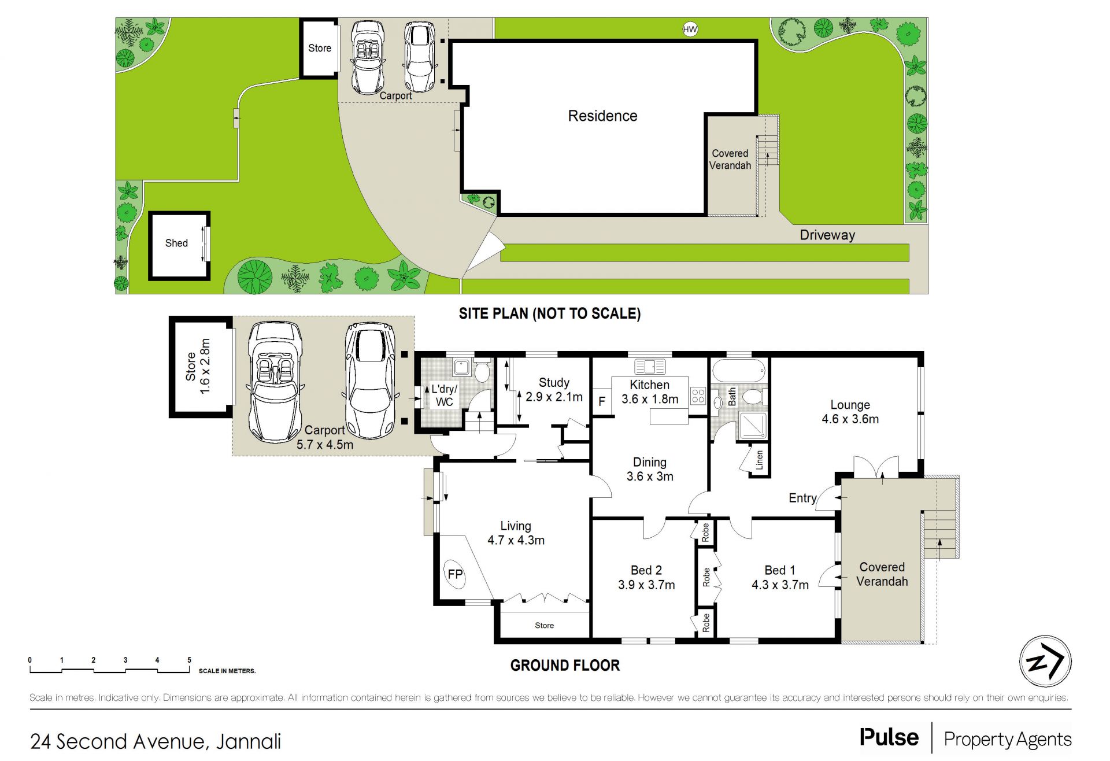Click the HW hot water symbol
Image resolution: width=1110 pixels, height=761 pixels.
point(690,29)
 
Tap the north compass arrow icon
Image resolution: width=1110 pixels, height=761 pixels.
point(1045,662)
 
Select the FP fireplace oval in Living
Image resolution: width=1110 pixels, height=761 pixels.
point(455,574)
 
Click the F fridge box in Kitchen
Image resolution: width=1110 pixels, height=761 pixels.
point(602,401)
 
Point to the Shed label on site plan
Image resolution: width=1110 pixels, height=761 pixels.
point(176,243)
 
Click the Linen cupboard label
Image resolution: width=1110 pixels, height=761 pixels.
point(759,460)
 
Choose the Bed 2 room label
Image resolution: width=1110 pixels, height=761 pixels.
point(646,570)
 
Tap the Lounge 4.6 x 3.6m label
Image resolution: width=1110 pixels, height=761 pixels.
point(850,412)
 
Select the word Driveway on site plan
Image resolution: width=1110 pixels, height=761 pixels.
point(827,235)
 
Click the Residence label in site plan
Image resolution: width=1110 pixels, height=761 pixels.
point(602,116)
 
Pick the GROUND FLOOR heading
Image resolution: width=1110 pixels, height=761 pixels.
point(565,665)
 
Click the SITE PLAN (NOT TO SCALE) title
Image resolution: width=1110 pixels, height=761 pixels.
point(550,313)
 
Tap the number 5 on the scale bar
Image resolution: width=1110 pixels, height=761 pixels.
point(189,660)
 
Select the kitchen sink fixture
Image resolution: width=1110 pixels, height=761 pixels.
point(650,366)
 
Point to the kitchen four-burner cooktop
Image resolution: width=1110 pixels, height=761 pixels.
point(698,396)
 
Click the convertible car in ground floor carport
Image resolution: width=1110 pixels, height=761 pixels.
point(275,382)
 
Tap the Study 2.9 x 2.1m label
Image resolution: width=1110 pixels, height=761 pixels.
point(554,390)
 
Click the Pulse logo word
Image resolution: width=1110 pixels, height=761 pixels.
point(889,738)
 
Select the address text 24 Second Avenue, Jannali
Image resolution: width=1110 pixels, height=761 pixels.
point(156,741)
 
